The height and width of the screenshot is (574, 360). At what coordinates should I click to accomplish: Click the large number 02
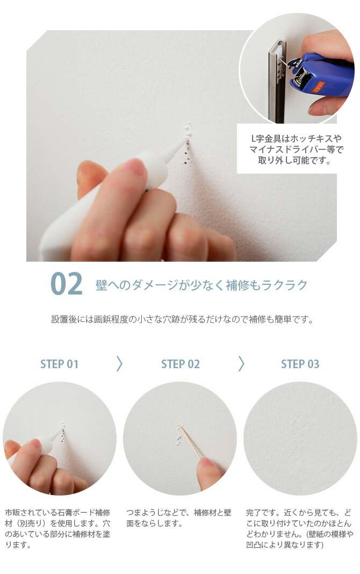[x=67, y=284]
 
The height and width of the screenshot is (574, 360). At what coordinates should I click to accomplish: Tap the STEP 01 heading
[x=59, y=364]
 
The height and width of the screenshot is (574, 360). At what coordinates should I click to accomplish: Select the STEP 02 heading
[x=180, y=364]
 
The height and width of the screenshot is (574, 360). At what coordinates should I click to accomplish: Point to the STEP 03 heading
[x=300, y=364]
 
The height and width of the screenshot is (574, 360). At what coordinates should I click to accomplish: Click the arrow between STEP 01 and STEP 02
[x=119, y=364]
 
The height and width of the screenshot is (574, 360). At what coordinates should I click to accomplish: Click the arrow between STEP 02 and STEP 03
[x=241, y=364]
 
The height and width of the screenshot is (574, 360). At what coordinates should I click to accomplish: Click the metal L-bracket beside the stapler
[x=278, y=81]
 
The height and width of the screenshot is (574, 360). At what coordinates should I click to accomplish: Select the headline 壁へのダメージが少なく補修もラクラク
[x=201, y=284]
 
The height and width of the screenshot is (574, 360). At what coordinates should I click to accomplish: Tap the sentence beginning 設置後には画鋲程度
[x=182, y=319]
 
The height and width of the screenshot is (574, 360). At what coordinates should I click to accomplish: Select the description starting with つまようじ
[x=179, y=517]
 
